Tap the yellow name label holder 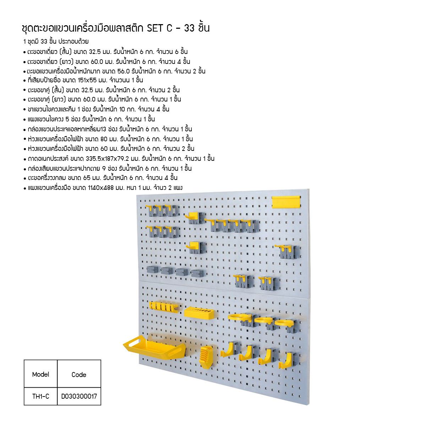(286, 202)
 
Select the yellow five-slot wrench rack (164, 307)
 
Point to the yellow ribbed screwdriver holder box (206, 357)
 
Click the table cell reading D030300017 (79, 396)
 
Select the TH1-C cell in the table (40, 396)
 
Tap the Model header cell (40, 374)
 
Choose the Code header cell (79, 375)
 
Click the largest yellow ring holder (240, 317)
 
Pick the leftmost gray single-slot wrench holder (152, 269)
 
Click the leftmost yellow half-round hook (229, 348)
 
